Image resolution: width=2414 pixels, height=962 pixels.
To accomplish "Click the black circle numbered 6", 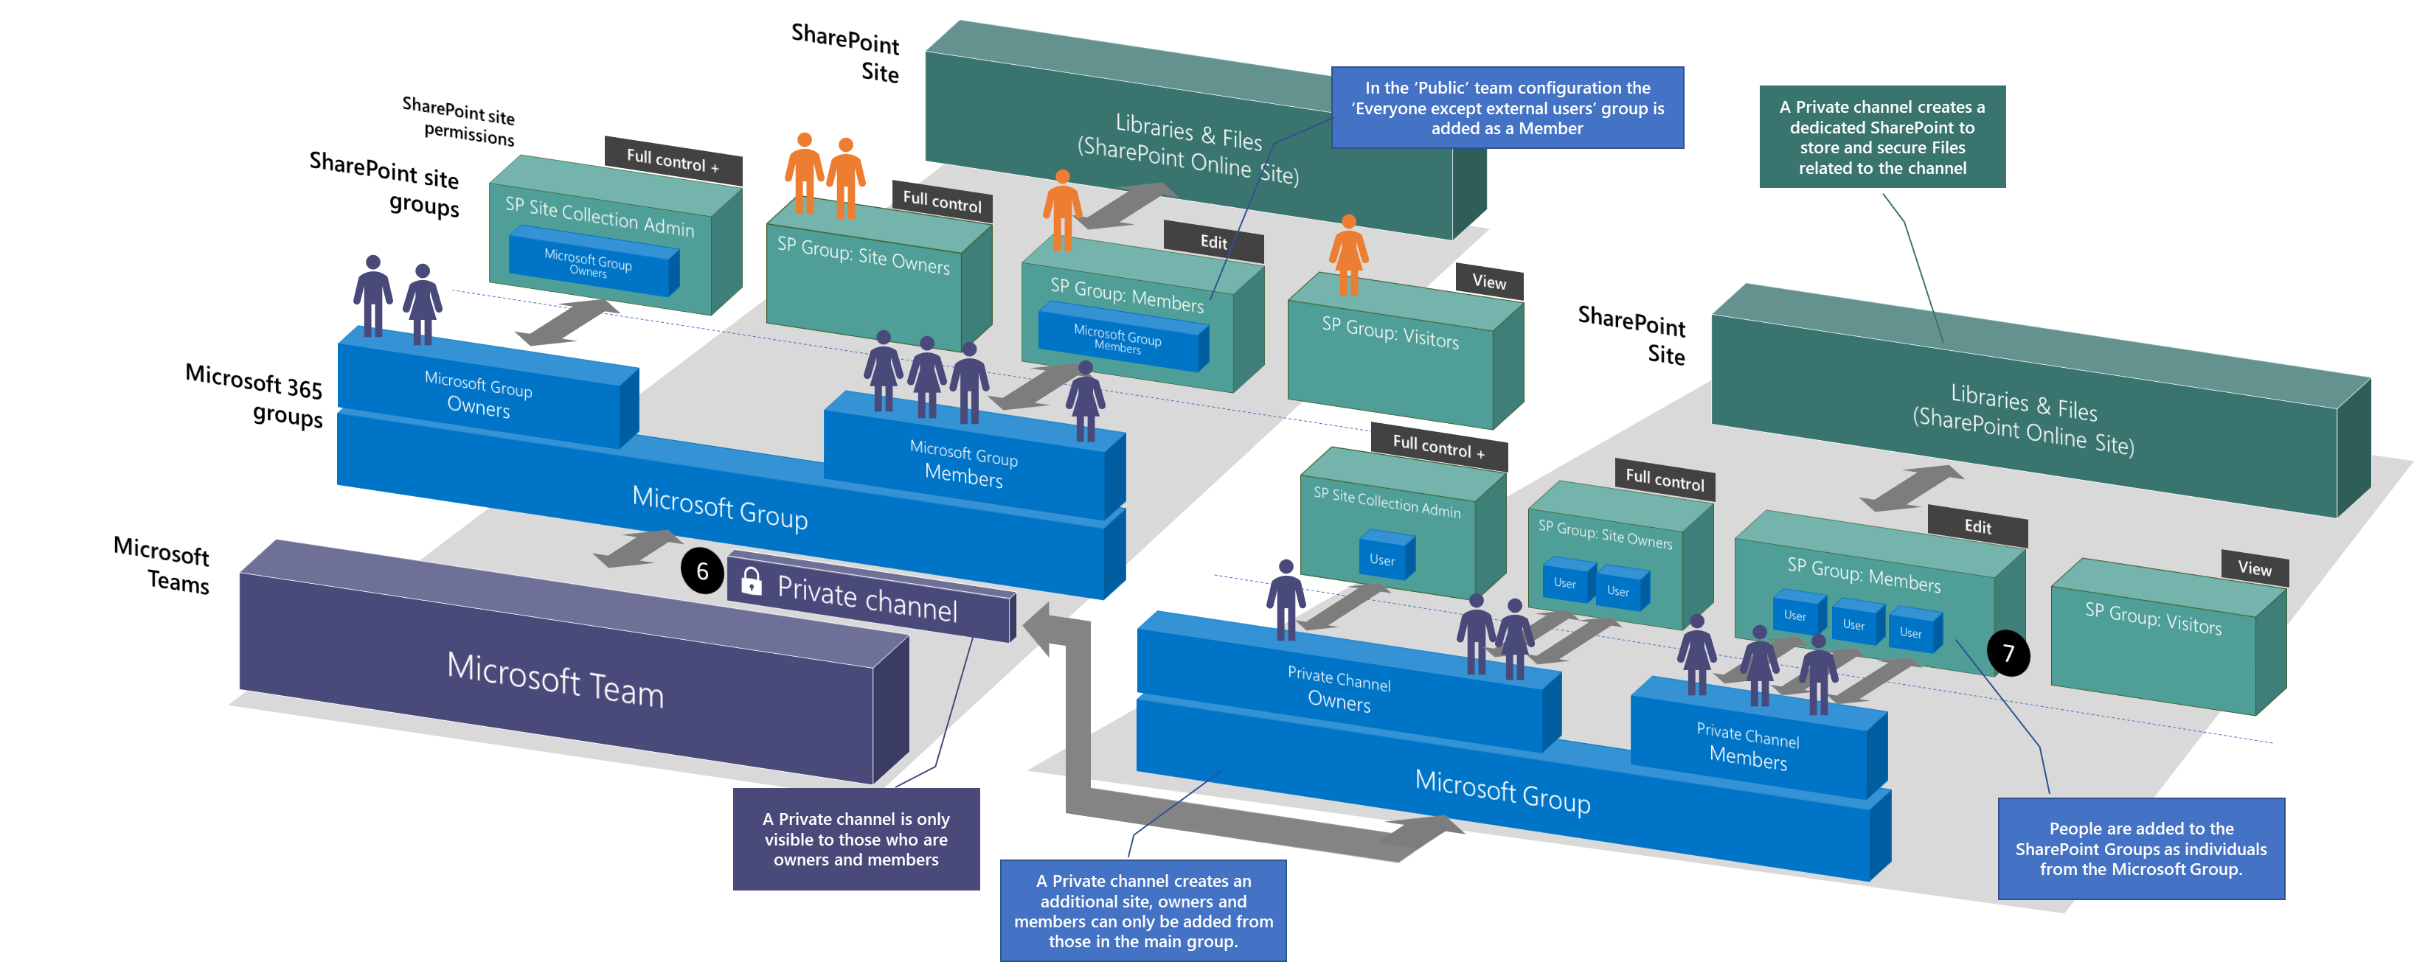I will (702, 571).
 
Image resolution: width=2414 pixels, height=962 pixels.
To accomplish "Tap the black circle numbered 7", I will (2008, 653).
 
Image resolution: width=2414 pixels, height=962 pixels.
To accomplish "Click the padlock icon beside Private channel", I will (751, 581).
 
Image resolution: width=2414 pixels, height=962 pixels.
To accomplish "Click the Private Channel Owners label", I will (1339, 690).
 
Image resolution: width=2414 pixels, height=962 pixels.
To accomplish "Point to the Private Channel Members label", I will (1748, 747).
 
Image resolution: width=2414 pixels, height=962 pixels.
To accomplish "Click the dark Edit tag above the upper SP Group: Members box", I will (1213, 243).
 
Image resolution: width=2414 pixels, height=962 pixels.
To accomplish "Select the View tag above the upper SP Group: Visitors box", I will (1489, 282).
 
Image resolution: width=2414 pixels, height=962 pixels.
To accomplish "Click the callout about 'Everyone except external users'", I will (1507, 108).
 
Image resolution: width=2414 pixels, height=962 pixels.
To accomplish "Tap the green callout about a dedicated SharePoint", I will (1881, 137).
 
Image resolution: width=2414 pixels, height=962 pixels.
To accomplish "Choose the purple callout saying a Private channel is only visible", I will (856, 840).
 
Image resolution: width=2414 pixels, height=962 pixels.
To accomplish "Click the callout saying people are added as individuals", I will (2140, 848).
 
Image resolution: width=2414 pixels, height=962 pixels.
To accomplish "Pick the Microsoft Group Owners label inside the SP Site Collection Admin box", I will (589, 264).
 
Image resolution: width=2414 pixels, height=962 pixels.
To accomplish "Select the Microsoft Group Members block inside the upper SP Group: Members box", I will (1118, 340).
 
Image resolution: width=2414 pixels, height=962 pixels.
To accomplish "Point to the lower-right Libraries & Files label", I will (2023, 419).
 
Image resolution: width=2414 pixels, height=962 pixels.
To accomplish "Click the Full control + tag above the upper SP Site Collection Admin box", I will (672, 161).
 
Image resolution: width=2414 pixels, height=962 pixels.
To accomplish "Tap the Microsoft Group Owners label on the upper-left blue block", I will (479, 394).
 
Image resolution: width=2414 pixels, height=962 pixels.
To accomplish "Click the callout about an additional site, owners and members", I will (1142, 910).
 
